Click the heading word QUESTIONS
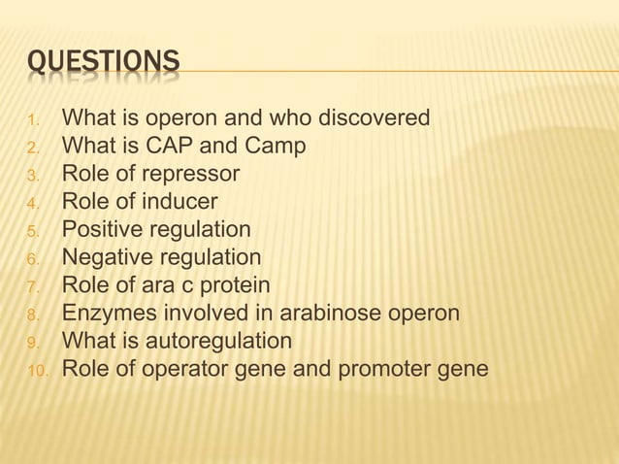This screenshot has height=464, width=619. pos(103,63)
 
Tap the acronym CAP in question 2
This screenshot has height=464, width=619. pos(171,147)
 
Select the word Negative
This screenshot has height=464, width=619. pos(108,258)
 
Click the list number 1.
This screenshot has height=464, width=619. pos(33,120)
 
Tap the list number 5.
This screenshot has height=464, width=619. pos(33,232)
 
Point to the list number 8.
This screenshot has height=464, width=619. pos(33,315)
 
